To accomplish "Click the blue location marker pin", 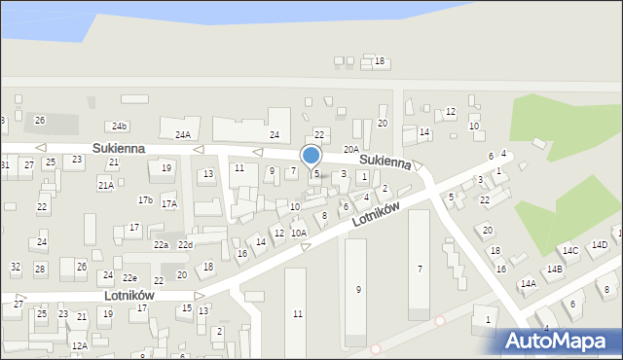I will [x=311, y=156].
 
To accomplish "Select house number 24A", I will [x=182, y=134].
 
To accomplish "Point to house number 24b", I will [x=119, y=126].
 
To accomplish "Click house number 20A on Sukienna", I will [x=350, y=149].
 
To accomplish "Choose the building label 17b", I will [x=145, y=199].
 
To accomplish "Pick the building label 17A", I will [x=169, y=204].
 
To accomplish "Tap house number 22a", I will [x=160, y=244].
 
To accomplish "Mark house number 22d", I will [x=185, y=244].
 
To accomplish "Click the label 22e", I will [x=129, y=278].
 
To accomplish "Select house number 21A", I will [x=105, y=184].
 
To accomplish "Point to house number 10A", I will [x=298, y=233].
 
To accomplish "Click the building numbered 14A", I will [x=528, y=284].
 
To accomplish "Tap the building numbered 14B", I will [x=554, y=269].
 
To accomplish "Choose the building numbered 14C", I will [x=569, y=251].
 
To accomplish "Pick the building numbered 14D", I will [x=599, y=244].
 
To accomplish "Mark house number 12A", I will [x=79, y=345].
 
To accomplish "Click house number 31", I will [x=5, y=164].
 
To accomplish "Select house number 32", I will [x=15, y=266].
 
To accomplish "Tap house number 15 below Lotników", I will [x=186, y=308].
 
